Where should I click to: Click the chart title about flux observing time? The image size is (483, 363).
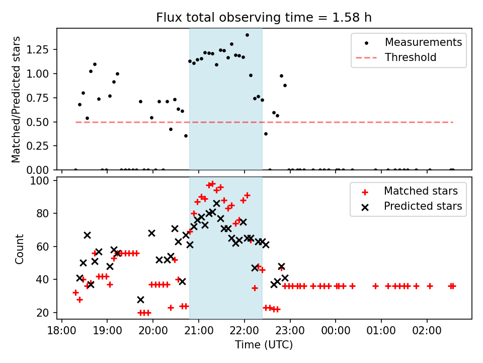tap(264, 18)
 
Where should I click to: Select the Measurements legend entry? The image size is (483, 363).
tap(423, 42)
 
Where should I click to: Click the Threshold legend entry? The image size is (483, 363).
tap(411, 57)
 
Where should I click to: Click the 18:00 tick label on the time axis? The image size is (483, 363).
tap(61, 330)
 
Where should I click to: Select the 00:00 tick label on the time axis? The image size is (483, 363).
tap(336, 330)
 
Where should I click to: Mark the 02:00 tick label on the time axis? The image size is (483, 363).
tap(427, 330)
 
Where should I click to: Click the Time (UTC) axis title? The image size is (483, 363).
tap(264, 345)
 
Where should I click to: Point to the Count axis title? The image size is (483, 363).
tap(20, 249)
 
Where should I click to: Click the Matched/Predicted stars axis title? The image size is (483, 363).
tap(16, 99)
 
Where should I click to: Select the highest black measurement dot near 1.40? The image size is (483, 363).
tap(247, 35)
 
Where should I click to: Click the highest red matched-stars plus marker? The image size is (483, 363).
tap(212, 184)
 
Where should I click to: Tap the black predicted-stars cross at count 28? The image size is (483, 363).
tap(140, 299)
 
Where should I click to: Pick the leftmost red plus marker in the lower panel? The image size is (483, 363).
tap(75, 292)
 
